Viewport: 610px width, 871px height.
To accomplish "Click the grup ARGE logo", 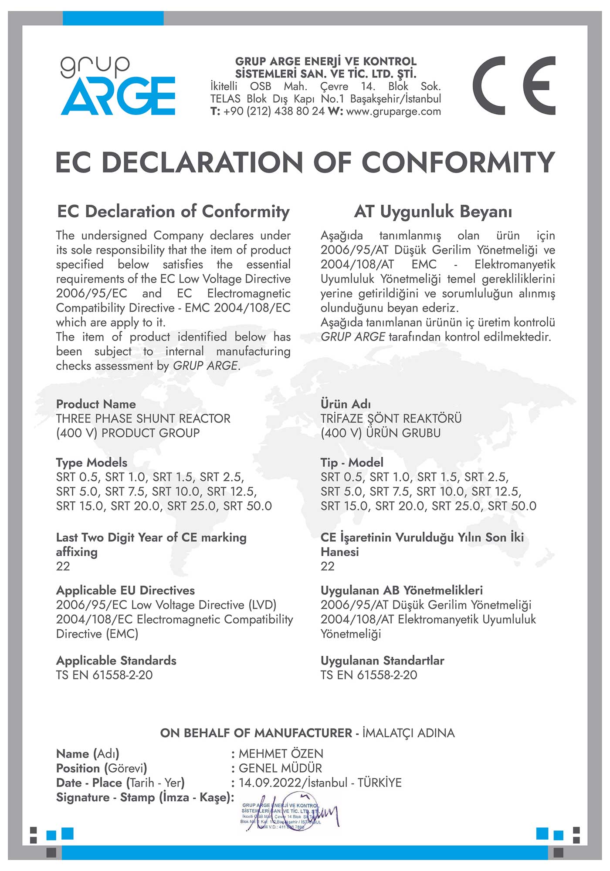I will [118, 86].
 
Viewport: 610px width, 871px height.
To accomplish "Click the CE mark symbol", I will [514, 86].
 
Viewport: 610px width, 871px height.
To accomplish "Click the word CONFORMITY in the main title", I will [458, 162].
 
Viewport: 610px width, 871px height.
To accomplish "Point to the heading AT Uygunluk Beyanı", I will [433, 212].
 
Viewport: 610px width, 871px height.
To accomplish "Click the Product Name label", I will [96, 404].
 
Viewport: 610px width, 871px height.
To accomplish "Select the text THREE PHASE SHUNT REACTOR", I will [143, 419].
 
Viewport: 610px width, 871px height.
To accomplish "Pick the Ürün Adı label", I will [346, 404].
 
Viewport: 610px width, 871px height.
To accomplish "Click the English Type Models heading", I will [91, 463].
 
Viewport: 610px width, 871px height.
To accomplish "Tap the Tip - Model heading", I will [352, 463].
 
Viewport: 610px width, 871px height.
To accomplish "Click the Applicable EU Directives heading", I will [125, 591].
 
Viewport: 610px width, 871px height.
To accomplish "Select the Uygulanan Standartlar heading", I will [382, 661].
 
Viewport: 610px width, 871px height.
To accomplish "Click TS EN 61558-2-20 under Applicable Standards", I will [104, 675].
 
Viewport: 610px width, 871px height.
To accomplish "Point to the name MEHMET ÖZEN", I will [281, 754].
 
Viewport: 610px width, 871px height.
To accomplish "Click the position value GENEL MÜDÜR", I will [280, 768].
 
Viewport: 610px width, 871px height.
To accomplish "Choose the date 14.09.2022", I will [270, 783].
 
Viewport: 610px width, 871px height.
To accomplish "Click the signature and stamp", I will [288, 816].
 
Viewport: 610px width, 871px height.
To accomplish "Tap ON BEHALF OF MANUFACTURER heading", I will [256, 733].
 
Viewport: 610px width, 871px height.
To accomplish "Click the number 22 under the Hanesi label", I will [328, 566].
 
